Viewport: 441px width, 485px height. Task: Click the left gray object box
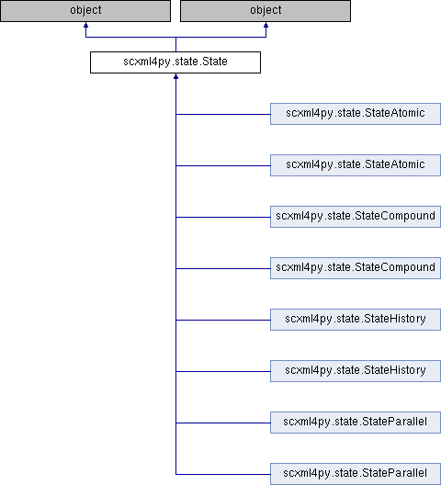coord(85,11)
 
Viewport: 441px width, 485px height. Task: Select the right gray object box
coord(266,11)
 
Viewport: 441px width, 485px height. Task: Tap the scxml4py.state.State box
coord(175,62)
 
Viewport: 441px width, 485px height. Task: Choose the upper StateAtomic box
coord(356,114)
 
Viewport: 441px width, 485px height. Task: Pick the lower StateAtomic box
coord(356,165)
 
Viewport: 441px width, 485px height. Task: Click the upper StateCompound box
coord(356,217)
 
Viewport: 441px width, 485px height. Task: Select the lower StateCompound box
coord(356,268)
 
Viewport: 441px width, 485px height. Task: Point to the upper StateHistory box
coord(356,320)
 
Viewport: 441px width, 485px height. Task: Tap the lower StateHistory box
coord(356,371)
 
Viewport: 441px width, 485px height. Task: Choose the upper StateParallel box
coord(356,423)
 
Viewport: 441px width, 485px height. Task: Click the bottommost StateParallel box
coord(356,474)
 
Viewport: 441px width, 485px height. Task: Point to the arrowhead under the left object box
coord(85,25)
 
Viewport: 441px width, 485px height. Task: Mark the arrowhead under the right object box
coord(266,25)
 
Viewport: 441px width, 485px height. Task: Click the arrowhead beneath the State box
coord(175,76)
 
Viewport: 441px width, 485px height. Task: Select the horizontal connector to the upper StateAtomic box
coord(223,115)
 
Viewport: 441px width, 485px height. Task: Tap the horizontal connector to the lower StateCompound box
coord(223,268)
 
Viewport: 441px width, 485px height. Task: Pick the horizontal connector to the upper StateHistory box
coord(223,321)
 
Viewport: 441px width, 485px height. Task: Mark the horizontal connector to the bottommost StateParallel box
coord(223,474)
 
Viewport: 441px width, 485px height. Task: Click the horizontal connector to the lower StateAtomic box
coord(223,165)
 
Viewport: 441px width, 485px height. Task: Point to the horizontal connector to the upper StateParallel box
coord(223,423)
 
